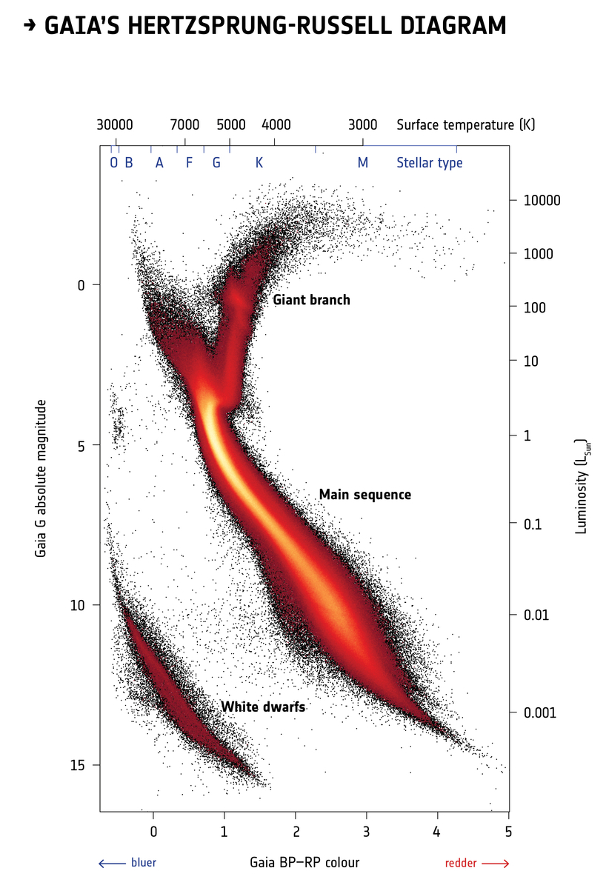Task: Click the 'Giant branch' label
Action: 311,300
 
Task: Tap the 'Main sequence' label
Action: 364,495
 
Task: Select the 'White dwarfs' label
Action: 263,707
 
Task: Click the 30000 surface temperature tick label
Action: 115,124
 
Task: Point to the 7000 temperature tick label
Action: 184,124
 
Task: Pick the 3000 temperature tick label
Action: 362,124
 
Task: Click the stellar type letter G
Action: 216,163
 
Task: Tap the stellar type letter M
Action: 362,163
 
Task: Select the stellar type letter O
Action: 113,163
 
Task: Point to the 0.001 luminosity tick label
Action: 539,712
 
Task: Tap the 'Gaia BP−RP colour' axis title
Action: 304,863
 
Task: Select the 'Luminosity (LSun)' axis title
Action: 581,485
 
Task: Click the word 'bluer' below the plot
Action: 144,863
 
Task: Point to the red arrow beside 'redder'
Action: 496,864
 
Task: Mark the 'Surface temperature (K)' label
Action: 465,124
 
